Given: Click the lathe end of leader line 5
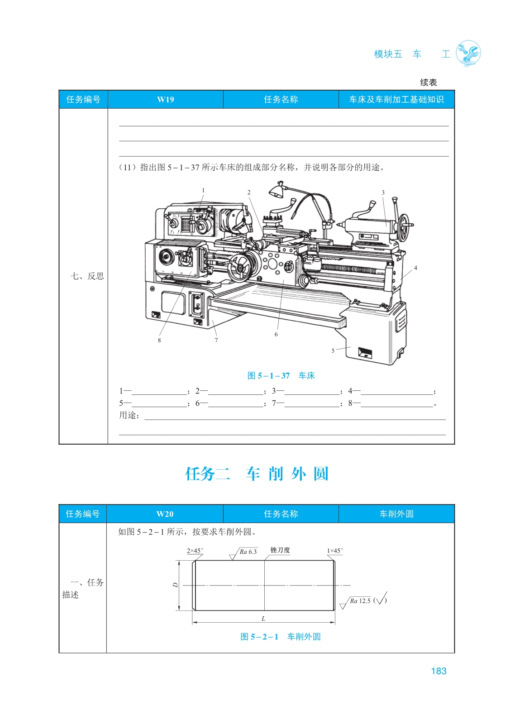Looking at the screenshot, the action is pyautogui.click(x=351, y=347).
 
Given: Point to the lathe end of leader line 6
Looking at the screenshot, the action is pyautogui.click(x=283, y=280).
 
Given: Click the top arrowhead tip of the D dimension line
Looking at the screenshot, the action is pyautogui.click(x=179, y=561).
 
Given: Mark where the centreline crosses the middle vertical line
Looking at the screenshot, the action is pyautogui.click(x=264, y=585).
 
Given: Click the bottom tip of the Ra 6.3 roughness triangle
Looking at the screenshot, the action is pyautogui.click(x=233, y=560).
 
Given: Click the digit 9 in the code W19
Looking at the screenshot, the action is pyautogui.click(x=172, y=100).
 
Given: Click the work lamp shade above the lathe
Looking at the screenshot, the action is pyautogui.click(x=276, y=191).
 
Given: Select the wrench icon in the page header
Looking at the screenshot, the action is pyautogui.click(x=468, y=53).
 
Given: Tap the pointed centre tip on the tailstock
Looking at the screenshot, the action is pyautogui.click(x=338, y=225).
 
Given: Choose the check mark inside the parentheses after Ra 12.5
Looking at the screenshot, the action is pyautogui.click(x=381, y=598).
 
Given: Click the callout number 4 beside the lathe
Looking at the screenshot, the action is pyautogui.click(x=415, y=268).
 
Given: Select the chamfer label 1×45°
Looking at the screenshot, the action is pyautogui.click(x=335, y=551).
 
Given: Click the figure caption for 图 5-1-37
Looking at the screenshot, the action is pyautogui.click(x=281, y=376).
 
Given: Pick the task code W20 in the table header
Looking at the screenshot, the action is pyautogui.click(x=165, y=514).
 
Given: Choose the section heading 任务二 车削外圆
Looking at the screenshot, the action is pyautogui.click(x=257, y=474).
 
